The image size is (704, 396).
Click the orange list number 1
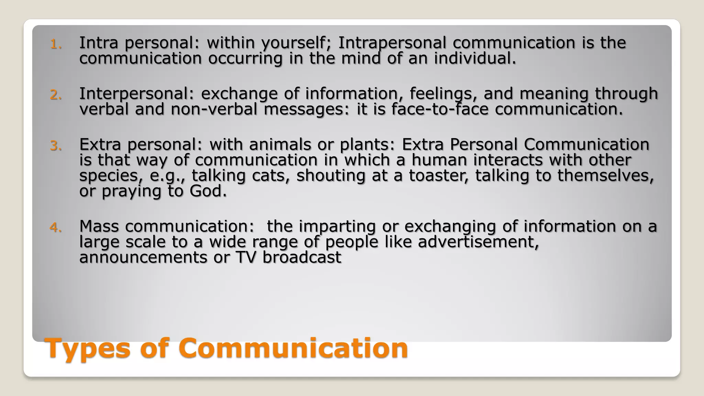(56, 44)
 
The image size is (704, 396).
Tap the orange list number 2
(56, 95)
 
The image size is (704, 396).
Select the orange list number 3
(56, 146)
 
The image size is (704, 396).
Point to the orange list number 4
(56, 228)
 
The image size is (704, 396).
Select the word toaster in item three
(439, 175)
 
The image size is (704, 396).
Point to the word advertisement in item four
(478, 242)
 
